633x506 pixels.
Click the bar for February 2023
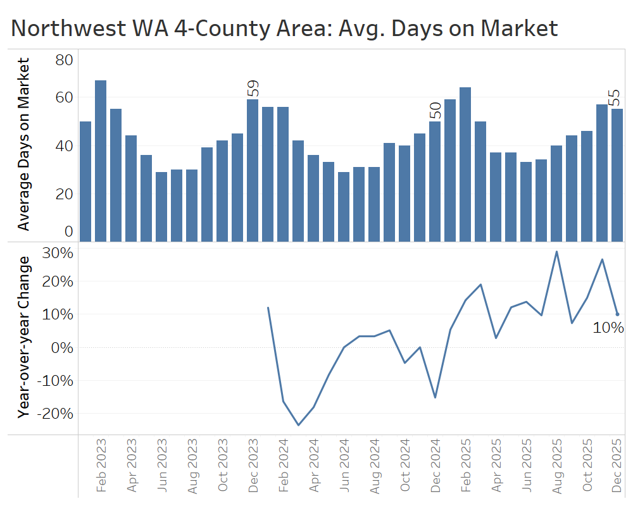pyautogui.click(x=101, y=161)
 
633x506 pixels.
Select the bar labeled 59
pyautogui.click(x=253, y=170)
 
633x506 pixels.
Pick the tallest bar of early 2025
pyautogui.click(x=465, y=164)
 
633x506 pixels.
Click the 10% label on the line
pyautogui.click(x=608, y=328)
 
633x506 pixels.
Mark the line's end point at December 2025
pyautogui.click(x=617, y=314)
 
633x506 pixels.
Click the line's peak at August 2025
pyautogui.click(x=556, y=252)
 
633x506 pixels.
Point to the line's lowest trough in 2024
pyautogui.click(x=298, y=425)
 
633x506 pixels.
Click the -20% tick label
pyautogui.click(x=55, y=413)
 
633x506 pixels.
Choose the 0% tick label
pyautogui.click(x=61, y=347)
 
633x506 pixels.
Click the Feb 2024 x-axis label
pyautogui.click(x=284, y=469)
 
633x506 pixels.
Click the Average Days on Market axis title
pyautogui.click(x=23, y=144)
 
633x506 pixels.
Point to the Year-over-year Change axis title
pyautogui.click(x=23, y=337)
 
